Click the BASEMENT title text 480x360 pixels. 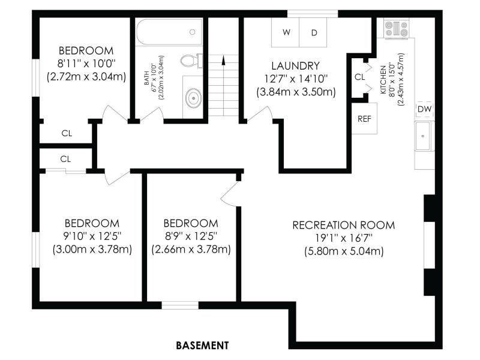[x=202, y=346]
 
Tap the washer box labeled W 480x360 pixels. [x=286, y=32]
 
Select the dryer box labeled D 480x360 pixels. [x=313, y=32]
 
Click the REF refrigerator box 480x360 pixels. [x=364, y=118]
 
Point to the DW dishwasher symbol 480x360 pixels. [x=424, y=109]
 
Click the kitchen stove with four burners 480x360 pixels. [x=397, y=28]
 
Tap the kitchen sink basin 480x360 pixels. [x=423, y=136]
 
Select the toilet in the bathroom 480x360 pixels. [x=191, y=61]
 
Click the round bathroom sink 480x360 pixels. [x=193, y=98]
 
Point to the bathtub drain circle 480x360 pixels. [x=193, y=32]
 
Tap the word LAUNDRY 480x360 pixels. [x=295, y=66]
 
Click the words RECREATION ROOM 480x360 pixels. [x=343, y=226]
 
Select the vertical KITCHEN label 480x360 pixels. [x=383, y=80]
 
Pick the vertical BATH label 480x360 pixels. [x=146, y=78]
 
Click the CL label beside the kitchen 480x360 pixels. [x=359, y=77]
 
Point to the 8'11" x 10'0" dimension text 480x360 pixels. [x=86, y=64]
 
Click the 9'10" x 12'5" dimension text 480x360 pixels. [x=92, y=236]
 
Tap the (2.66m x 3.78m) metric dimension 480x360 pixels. [x=191, y=250]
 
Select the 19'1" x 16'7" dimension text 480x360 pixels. [x=344, y=238]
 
